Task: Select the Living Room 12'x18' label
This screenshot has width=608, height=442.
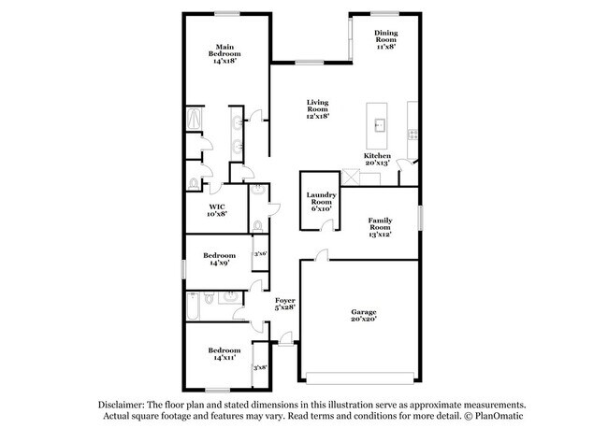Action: tap(318, 109)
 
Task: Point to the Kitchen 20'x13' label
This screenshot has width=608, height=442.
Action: tap(378, 159)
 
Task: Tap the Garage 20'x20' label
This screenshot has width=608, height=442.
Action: tap(364, 314)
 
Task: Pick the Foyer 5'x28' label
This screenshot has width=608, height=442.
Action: tap(284, 303)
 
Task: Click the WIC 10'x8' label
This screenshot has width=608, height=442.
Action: tap(217, 210)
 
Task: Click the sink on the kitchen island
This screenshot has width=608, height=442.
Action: tap(381, 123)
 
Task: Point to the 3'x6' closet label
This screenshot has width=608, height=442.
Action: tap(261, 253)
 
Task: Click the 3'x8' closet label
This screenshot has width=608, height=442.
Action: tap(260, 367)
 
